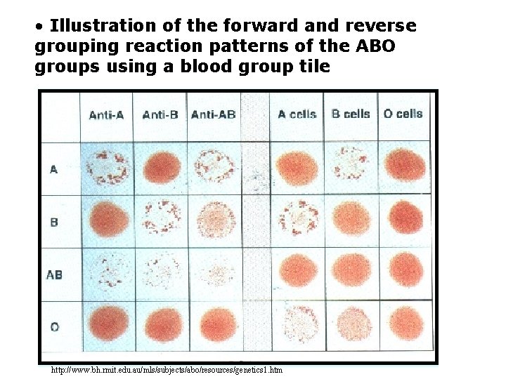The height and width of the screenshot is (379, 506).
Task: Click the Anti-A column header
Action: (x=106, y=114)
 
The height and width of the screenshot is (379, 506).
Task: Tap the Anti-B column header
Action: (x=160, y=114)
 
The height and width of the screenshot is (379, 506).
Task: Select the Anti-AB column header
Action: (x=213, y=114)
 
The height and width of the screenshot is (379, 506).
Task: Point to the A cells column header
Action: (x=297, y=114)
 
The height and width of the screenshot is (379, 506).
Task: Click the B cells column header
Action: (x=351, y=114)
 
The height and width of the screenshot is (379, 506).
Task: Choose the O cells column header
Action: (x=403, y=114)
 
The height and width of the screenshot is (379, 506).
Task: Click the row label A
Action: (x=54, y=169)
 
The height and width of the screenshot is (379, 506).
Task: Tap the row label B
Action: (x=54, y=222)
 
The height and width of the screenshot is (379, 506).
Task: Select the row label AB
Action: (x=54, y=274)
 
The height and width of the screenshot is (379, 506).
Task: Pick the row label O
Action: (x=54, y=327)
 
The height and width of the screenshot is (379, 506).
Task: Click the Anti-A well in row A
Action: (x=107, y=167)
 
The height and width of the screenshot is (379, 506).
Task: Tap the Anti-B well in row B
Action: (x=162, y=219)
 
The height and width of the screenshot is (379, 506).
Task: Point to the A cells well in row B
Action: (x=298, y=219)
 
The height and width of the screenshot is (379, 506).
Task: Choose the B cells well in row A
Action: (x=351, y=167)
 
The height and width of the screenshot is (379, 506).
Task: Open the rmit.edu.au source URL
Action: (x=167, y=370)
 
